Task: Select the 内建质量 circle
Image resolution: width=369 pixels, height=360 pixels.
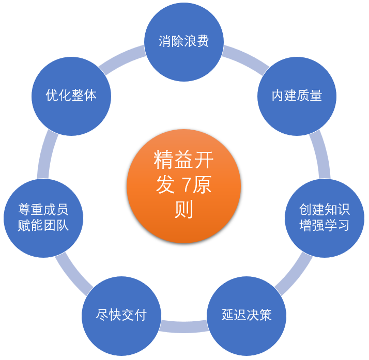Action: pyautogui.click(x=297, y=96)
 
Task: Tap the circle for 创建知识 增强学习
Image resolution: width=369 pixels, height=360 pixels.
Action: pyautogui.click(x=325, y=217)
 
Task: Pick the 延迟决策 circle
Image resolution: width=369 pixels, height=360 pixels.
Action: pyautogui.click(x=247, y=315)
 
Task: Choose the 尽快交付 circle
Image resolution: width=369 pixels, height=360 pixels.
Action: pyautogui.click(x=121, y=315)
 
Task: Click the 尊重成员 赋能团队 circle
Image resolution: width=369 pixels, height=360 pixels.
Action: pyautogui.click(x=43, y=217)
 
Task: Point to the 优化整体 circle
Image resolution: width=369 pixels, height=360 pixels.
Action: pyautogui.click(x=71, y=96)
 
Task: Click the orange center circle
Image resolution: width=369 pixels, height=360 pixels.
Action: pyautogui.click(x=184, y=186)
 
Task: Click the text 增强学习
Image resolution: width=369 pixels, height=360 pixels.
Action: pyautogui.click(x=325, y=226)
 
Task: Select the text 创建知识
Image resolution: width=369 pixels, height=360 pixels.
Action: pyautogui.click(x=325, y=210)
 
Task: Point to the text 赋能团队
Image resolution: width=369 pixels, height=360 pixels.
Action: pyautogui.click(x=43, y=226)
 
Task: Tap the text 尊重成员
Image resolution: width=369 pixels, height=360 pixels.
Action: pyautogui.click(x=43, y=210)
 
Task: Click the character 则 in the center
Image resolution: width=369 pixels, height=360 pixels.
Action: pyautogui.click(x=184, y=209)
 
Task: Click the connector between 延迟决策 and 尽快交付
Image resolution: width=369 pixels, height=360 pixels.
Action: pyautogui.click(x=184, y=326)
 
